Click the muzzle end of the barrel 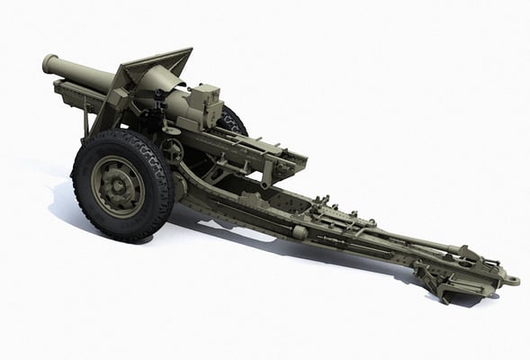tap(49, 65)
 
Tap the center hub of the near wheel tap(118, 186)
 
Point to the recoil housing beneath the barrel tap(72, 92)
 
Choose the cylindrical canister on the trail tap(301, 231)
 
